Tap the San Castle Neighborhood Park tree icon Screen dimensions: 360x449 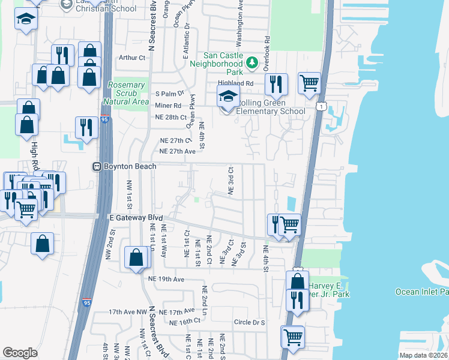[x=253, y=62]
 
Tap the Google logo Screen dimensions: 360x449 [x=20, y=353]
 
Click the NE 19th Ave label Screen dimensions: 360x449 [x=166, y=280]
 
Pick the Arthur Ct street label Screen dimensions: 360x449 [x=133, y=58]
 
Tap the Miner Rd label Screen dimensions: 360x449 [x=168, y=106]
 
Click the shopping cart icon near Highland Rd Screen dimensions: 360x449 [x=309, y=83]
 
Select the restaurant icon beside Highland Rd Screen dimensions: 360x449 [x=276, y=84]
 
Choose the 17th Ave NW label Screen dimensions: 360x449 [x=127, y=312]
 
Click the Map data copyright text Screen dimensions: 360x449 [x=424, y=355]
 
